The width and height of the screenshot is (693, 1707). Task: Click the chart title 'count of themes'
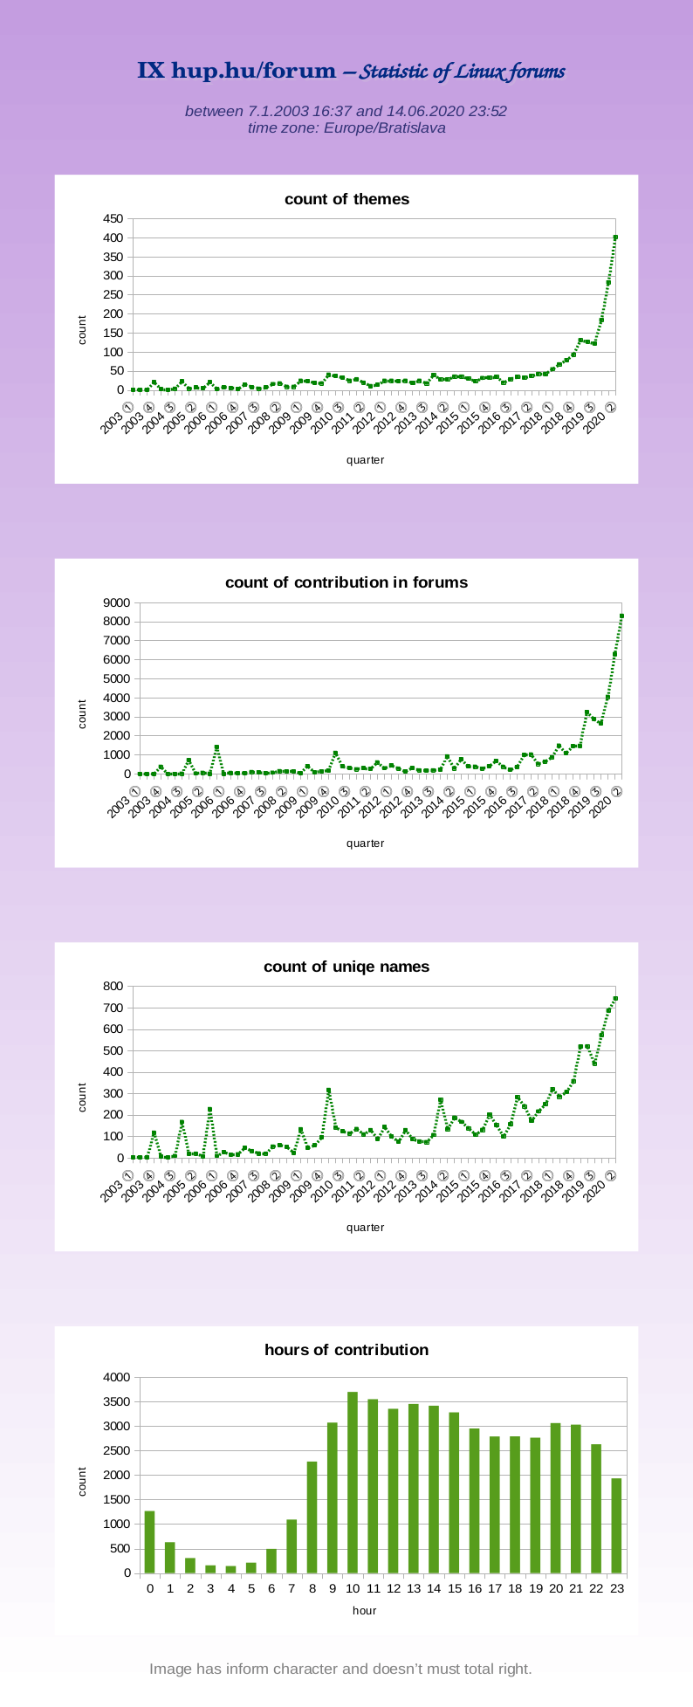[346, 199]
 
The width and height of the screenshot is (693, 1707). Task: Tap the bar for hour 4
[230, 1569]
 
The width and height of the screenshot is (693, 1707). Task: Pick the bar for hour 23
[616, 1525]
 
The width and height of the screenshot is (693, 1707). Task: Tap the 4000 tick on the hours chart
[116, 1378]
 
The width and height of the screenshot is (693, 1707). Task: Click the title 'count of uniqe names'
[346, 967]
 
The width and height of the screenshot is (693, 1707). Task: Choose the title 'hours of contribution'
[346, 1350]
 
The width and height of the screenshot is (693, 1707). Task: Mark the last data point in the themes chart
[615, 237]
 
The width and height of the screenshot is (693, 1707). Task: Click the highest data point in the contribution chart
[621, 616]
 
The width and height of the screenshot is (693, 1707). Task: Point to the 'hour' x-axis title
[364, 1610]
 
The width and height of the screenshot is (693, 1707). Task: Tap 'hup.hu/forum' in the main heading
[253, 72]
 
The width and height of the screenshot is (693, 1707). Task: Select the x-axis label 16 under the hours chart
[474, 1588]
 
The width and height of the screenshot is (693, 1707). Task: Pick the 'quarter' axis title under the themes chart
[365, 460]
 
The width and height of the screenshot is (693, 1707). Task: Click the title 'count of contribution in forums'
[346, 582]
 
